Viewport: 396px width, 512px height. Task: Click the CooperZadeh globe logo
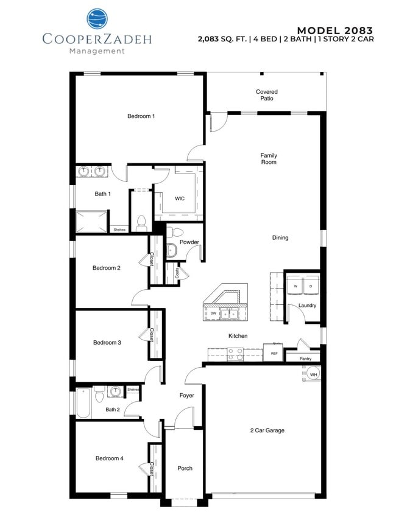(96, 19)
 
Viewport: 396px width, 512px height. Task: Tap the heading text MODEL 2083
(334, 30)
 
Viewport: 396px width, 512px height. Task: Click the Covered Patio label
(266, 95)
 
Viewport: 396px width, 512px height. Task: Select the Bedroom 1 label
(141, 116)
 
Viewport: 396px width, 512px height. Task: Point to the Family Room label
(269, 158)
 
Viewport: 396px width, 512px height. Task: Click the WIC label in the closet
(179, 198)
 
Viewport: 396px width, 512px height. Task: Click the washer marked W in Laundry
(295, 286)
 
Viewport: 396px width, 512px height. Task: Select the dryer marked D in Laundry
(310, 286)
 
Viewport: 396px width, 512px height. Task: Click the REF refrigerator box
(274, 353)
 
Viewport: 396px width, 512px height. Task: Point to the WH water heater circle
(313, 374)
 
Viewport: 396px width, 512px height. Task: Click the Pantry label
(305, 359)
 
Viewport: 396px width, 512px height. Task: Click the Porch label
(185, 468)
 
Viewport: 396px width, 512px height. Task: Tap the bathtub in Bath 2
(83, 404)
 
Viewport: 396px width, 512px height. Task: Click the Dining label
(280, 237)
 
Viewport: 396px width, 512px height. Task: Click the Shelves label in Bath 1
(119, 230)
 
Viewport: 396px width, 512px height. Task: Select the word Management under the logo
(96, 51)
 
